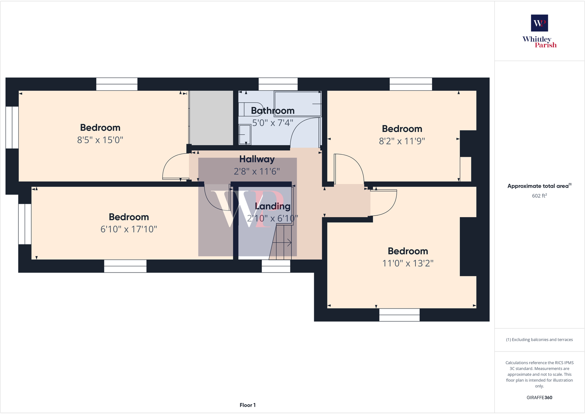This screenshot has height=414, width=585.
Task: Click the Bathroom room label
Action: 273,111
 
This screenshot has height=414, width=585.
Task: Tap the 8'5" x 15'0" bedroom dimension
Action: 100,140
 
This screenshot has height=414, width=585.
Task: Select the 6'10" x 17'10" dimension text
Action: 129,229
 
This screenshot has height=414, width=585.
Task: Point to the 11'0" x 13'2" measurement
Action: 408,263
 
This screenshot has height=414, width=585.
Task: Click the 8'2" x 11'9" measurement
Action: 402,141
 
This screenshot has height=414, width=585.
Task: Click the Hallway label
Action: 257,159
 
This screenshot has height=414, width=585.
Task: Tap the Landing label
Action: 273,206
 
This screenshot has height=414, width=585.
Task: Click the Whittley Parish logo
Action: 539,32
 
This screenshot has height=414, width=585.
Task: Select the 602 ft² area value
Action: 539,196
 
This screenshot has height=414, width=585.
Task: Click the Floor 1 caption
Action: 247,405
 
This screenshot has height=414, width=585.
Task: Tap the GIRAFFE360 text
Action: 539,397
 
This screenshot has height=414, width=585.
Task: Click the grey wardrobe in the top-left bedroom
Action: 211,118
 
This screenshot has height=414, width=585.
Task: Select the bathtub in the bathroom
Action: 297,104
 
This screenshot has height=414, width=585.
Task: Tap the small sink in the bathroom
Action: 245,134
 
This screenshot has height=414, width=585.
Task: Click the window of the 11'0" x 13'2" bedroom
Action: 399,315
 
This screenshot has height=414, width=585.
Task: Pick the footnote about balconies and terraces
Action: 539,340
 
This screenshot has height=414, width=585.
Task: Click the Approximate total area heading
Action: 539,186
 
